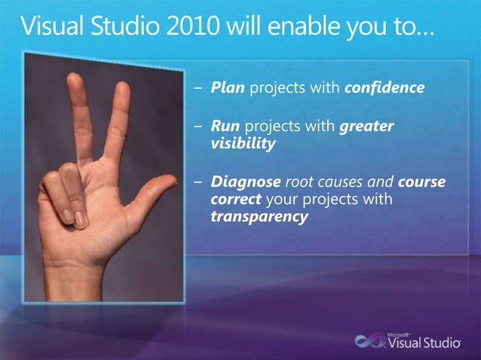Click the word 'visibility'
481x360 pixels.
pyautogui.click(x=244, y=143)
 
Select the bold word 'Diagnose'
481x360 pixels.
pyautogui.click(x=245, y=183)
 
